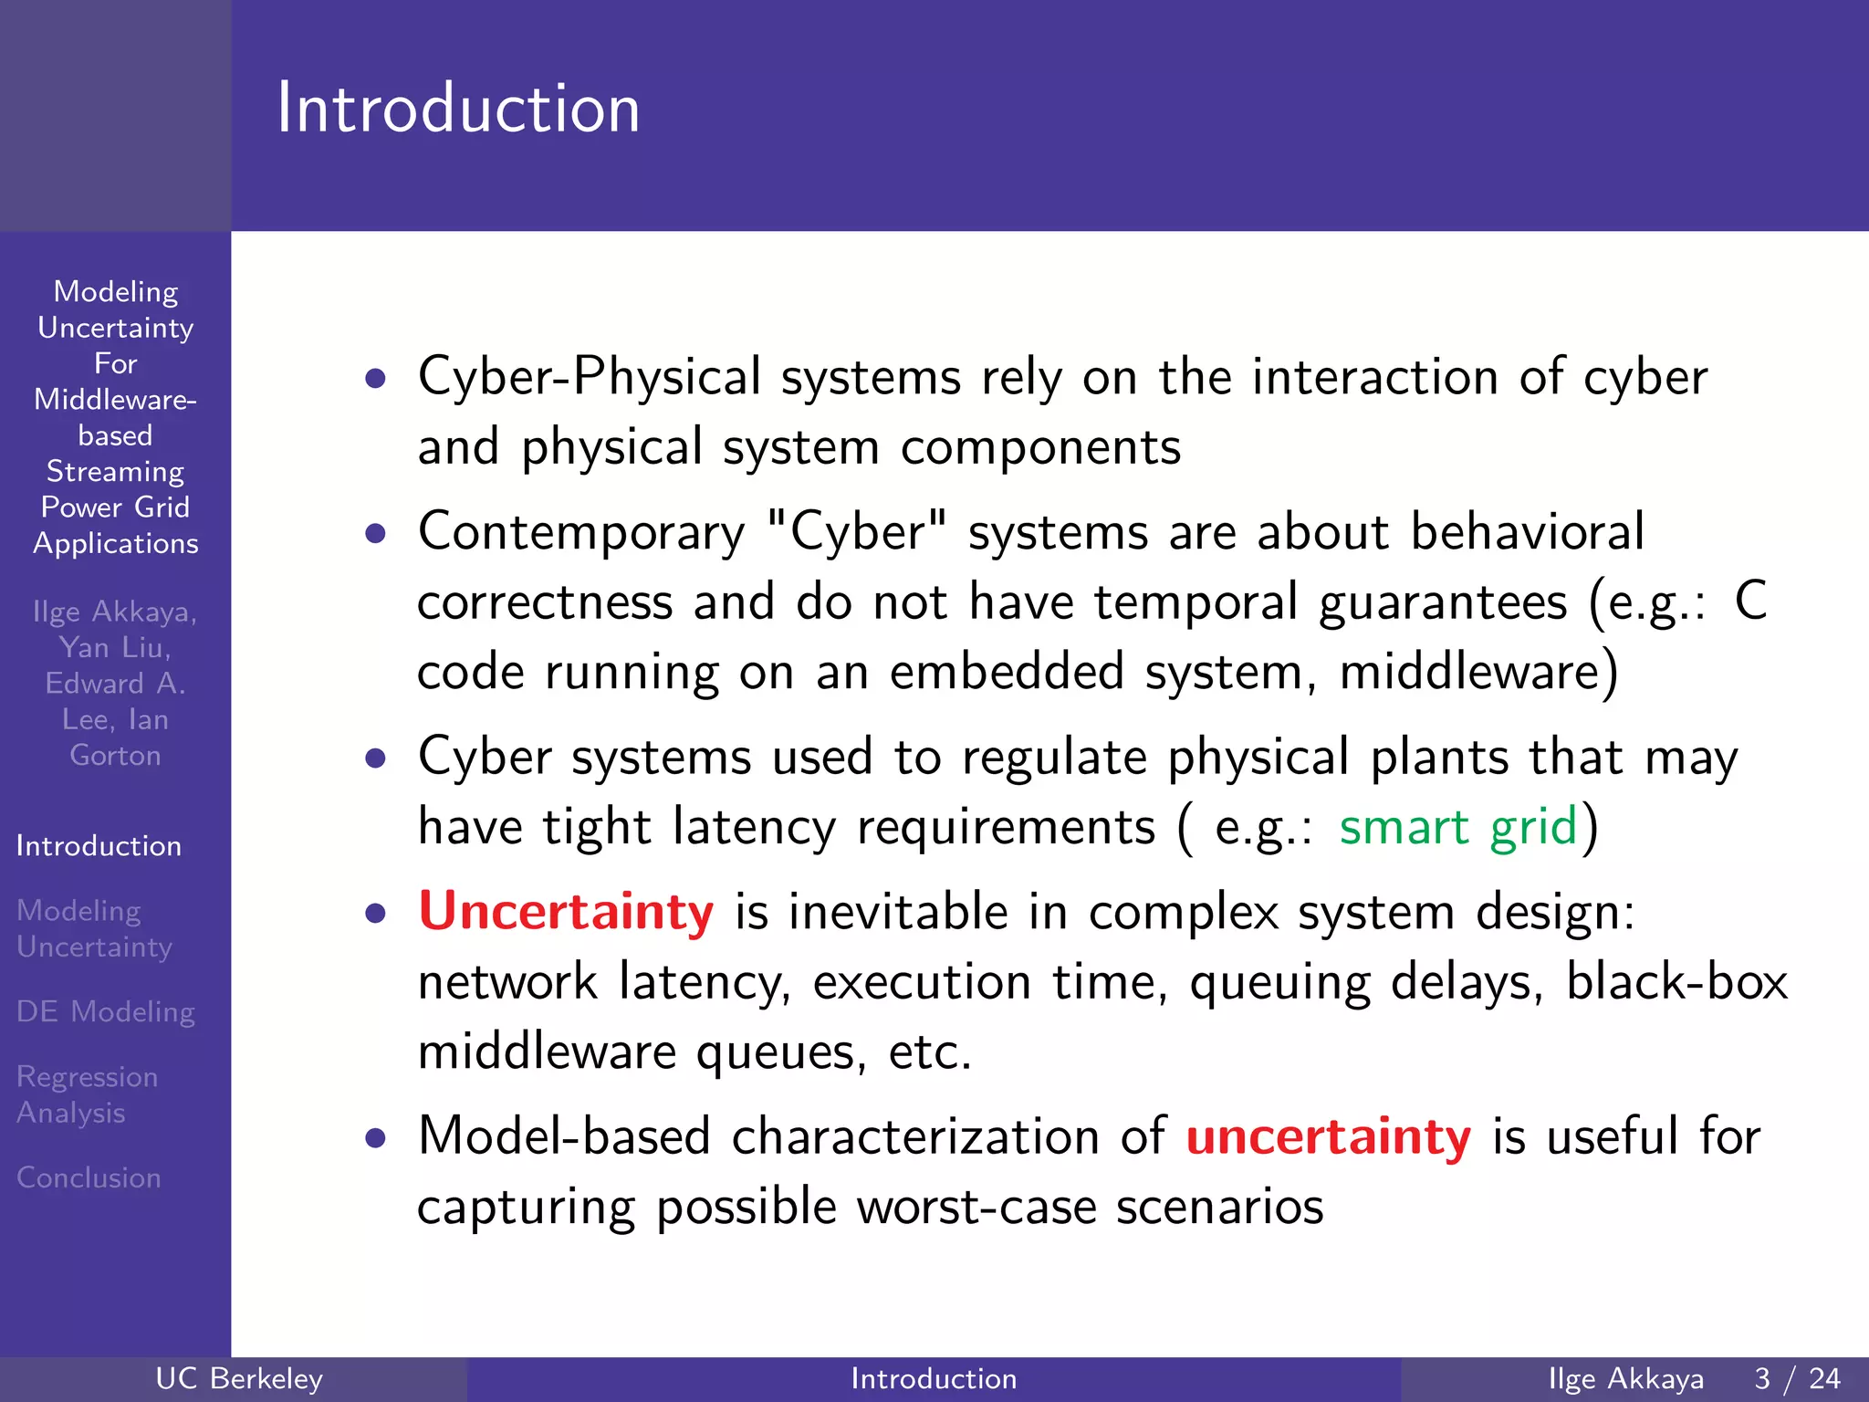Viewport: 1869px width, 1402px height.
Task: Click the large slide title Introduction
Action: click(x=458, y=108)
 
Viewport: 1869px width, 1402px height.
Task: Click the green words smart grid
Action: click(x=1457, y=827)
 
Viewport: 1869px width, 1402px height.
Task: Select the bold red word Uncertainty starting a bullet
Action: click(x=566, y=911)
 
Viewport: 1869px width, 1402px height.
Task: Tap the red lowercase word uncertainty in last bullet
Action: click(x=1328, y=1136)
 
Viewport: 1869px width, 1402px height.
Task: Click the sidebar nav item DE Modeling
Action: click(x=106, y=1011)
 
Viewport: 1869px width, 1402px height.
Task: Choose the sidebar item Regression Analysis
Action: click(x=87, y=1094)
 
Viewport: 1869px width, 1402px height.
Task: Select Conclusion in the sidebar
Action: click(x=89, y=1177)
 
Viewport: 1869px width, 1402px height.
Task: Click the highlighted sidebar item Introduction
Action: click(x=99, y=846)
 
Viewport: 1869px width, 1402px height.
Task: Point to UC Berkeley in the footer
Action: click(x=239, y=1378)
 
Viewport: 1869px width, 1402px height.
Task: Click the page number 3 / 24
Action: click(x=1797, y=1378)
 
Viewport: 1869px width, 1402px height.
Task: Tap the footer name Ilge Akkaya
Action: click(x=1625, y=1378)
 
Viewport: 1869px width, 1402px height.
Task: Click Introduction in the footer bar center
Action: click(x=934, y=1378)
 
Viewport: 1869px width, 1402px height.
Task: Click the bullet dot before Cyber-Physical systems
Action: click(x=375, y=378)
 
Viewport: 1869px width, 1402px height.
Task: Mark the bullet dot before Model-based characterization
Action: click(x=375, y=1138)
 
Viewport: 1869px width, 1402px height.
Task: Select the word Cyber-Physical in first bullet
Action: click(x=590, y=377)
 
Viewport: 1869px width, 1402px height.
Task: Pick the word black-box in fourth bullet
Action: click(x=1676, y=982)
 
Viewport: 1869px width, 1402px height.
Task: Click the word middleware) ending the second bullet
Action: click(x=1478, y=673)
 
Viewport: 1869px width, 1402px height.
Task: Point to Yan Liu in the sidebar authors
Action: click(x=115, y=648)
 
